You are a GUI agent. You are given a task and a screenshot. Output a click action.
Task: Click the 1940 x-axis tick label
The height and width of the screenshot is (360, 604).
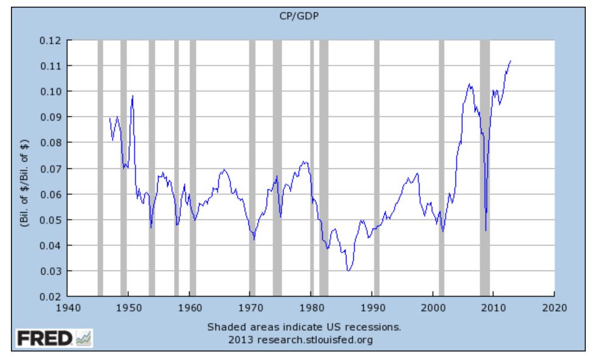[68, 306]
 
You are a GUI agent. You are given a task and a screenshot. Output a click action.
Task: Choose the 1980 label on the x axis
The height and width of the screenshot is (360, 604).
[311, 306]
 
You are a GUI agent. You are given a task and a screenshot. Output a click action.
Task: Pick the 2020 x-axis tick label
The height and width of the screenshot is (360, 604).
[554, 306]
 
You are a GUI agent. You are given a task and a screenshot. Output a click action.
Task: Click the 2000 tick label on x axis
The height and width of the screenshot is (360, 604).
[432, 306]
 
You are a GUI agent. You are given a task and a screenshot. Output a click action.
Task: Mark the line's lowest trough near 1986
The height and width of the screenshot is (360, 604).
[348, 271]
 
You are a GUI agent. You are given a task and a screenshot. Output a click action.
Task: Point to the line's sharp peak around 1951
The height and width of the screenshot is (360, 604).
[132, 96]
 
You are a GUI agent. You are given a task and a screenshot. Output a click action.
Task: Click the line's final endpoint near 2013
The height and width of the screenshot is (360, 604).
[510, 61]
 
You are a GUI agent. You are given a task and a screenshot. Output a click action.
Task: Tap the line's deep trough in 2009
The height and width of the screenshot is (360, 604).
[485, 230]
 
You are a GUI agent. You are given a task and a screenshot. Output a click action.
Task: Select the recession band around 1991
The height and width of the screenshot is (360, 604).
[377, 168]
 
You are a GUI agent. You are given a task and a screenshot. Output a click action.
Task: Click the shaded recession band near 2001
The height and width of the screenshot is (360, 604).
[442, 168]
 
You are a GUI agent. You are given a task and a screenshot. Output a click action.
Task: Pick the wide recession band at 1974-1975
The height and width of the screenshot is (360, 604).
[277, 168]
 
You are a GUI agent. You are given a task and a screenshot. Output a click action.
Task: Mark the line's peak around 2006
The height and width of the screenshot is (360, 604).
[469, 84]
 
